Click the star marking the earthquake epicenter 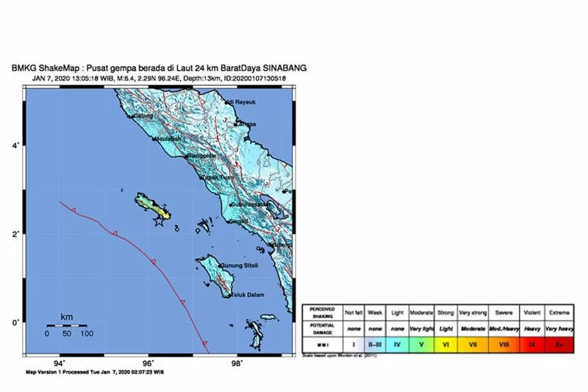pos(159,221)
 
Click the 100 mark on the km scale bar pos(87,334)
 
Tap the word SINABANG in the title pos(284,68)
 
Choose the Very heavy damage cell pos(561,327)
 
